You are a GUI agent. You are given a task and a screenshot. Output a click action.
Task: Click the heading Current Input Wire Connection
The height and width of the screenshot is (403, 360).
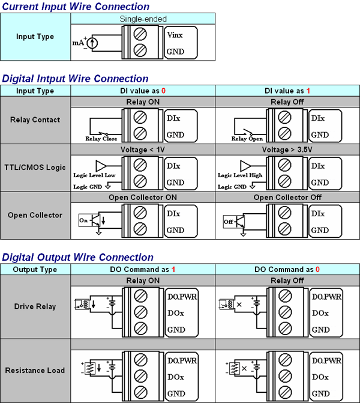click(76, 7)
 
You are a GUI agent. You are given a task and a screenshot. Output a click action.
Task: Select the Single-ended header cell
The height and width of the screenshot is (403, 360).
click(143, 19)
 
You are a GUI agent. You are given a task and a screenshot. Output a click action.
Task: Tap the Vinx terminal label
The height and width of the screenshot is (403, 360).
click(175, 35)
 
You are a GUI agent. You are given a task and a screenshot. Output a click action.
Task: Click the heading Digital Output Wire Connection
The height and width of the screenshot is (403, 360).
click(77, 258)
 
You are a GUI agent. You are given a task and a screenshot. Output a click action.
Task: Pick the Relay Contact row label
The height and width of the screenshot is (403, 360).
click(35, 120)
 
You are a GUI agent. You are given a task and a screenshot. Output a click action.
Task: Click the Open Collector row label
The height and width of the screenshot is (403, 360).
click(35, 215)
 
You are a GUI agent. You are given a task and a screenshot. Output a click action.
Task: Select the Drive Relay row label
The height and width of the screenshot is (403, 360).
click(35, 306)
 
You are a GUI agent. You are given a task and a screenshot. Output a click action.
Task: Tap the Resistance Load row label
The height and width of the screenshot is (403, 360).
click(35, 370)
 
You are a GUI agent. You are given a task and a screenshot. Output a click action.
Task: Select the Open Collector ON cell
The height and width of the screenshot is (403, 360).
click(143, 197)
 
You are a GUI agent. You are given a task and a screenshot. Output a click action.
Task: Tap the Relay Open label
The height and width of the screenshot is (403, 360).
click(247, 139)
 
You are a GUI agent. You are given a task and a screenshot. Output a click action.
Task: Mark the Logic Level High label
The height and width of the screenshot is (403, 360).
click(240, 175)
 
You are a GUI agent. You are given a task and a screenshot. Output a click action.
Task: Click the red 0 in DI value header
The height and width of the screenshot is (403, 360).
click(163, 91)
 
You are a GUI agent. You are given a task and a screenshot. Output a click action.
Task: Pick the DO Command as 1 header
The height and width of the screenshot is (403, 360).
click(143, 270)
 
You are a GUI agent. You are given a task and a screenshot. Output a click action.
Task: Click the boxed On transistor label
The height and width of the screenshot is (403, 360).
click(83, 220)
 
